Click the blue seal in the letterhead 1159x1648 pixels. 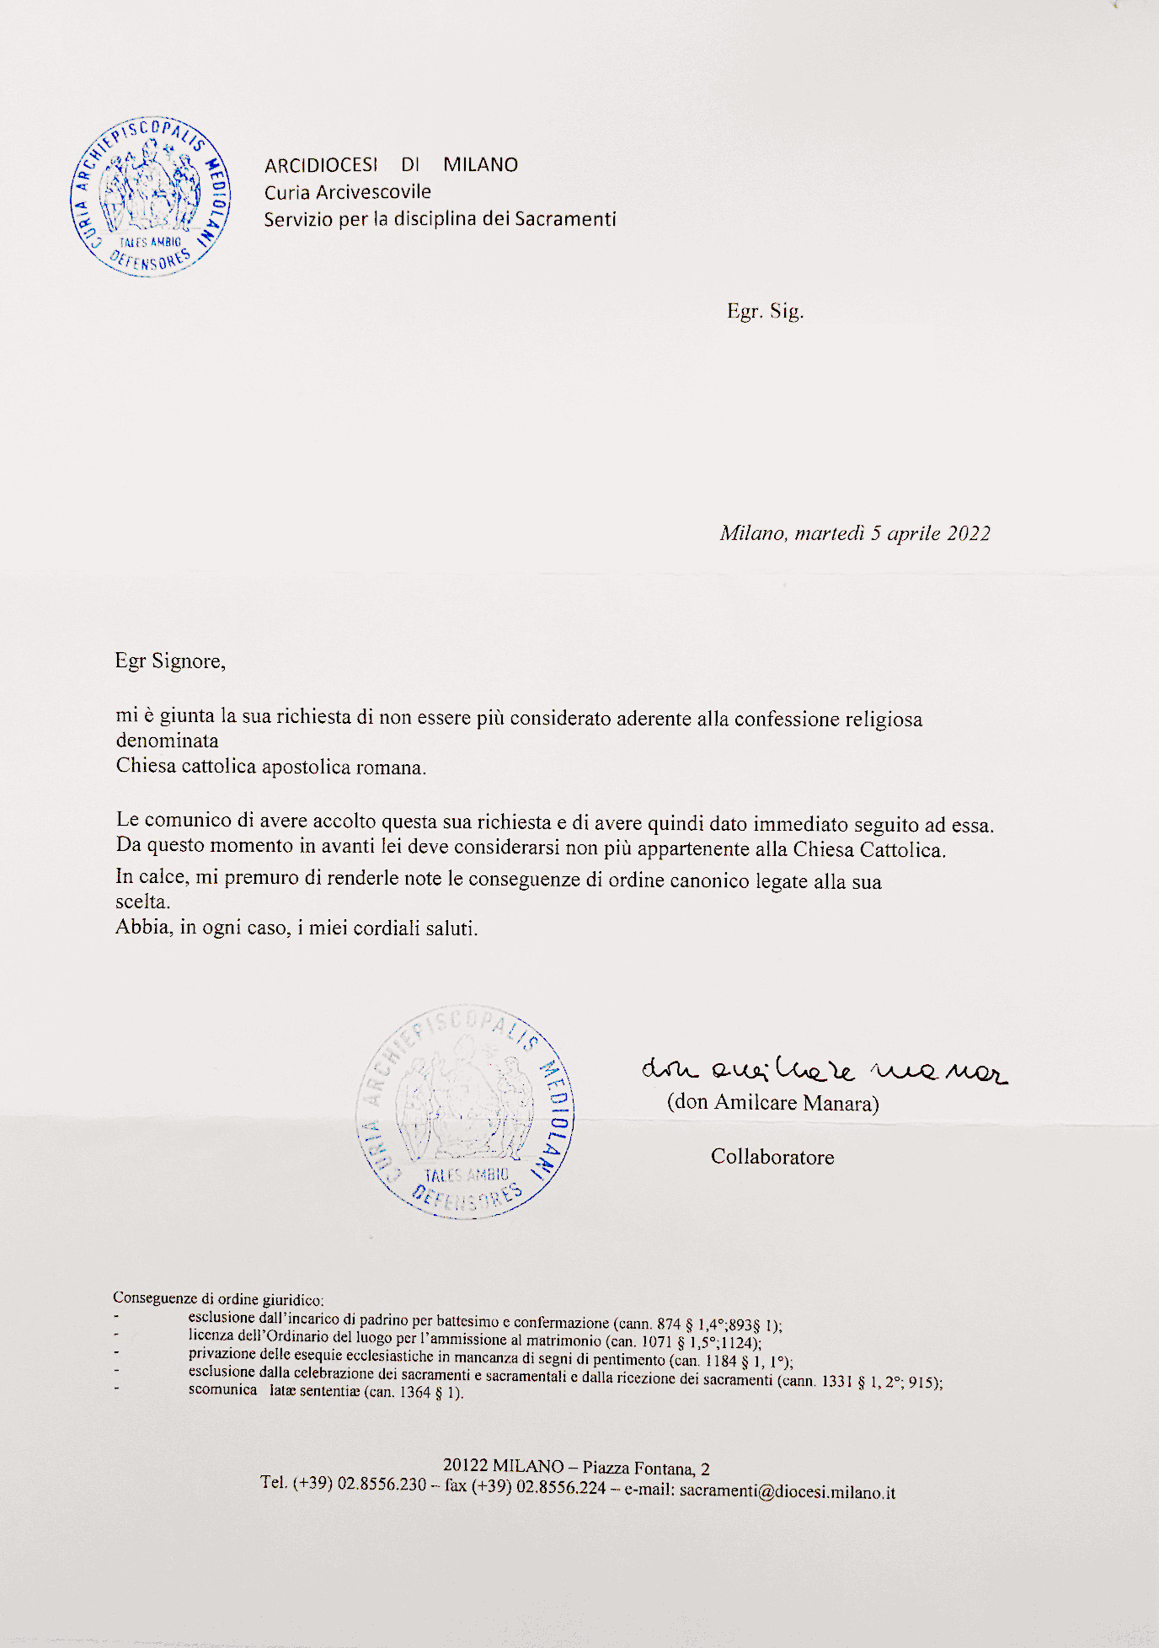click(x=151, y=197)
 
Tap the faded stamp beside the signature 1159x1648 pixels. click(x=465, y=1112)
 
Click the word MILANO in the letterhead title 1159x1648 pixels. click(x=480, y=164)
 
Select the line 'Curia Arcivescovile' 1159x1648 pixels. click(x=347, y=192)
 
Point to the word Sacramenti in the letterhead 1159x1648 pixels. click(x=565, y=219)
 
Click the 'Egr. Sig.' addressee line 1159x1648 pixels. click(x=765, y=311)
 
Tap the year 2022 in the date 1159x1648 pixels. click(x=969, y=533)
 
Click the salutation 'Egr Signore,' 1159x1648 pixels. click(x=170, y=661)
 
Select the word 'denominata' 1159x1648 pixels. click(x=167, y=741)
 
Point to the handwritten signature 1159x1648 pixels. click(x=823, y=1071)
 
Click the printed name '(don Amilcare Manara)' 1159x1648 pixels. click(x=772, y=1103)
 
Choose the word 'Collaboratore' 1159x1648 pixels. click(x=772, y=1157)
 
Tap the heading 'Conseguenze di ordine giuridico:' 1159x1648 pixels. click(x=218, y=1298)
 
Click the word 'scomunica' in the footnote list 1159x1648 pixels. click(x=222, y=1389)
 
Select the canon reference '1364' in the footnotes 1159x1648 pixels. click(x=414, y=1392)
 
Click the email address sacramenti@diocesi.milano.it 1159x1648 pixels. click(x=787, y=1491)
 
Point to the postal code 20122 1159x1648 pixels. click(x=465, y=1466)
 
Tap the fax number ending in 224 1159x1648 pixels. click(x=561, y=1487)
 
